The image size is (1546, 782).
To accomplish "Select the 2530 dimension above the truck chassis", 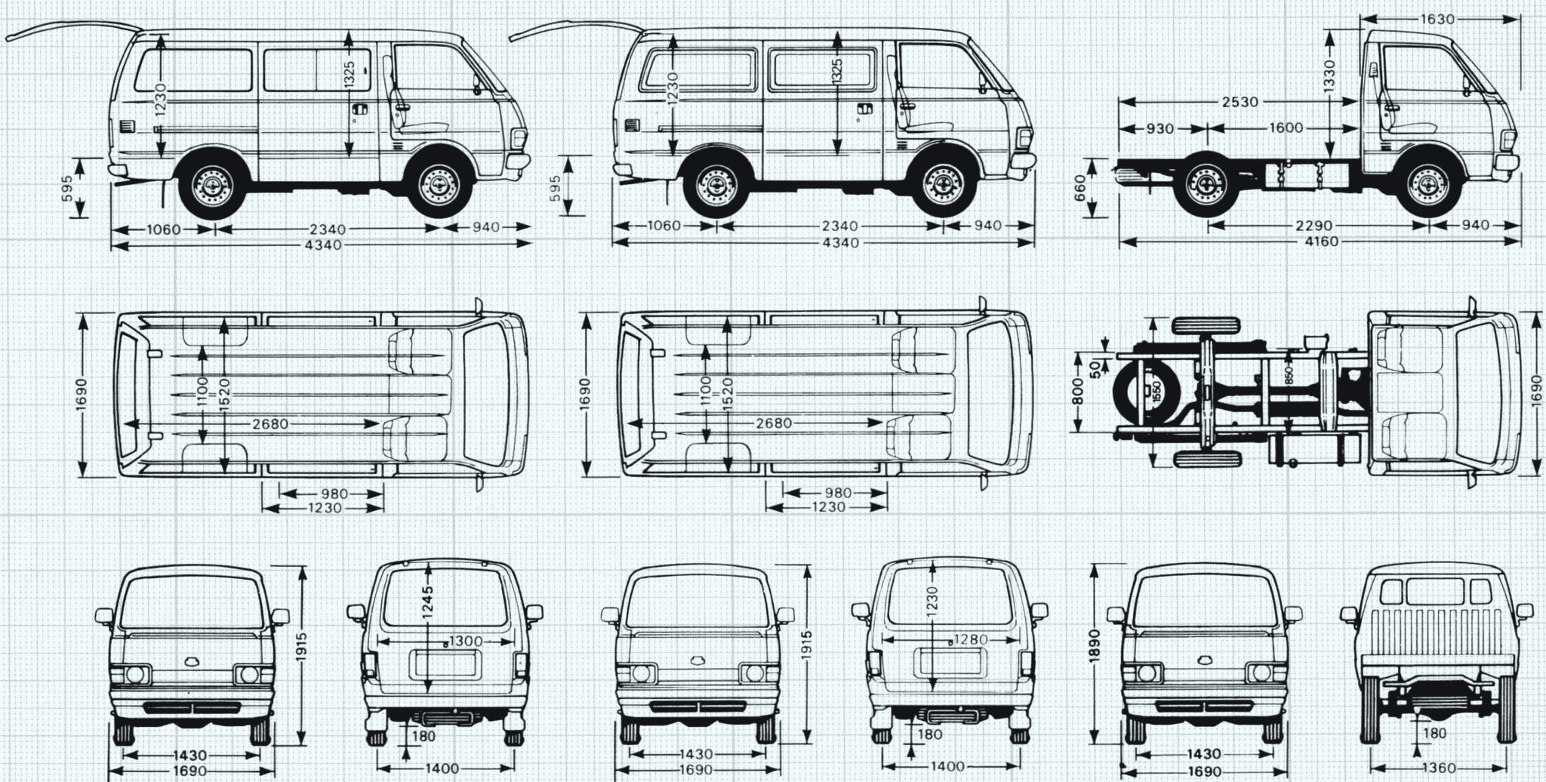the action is pyautogui.click(x=1240, y=101).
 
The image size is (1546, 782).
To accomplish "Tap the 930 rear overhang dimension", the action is pyautogui.click(x=1159, y=128).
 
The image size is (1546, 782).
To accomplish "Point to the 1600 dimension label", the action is pyautogui.click(x=1286, y=128).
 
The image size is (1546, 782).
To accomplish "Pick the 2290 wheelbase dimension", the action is pyautogui.click(x=1314, y=225).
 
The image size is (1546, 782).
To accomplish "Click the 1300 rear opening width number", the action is pyautogui.click(x=465, y=642).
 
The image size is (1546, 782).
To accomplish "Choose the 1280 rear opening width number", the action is pyautogui.click(x=970, y=640).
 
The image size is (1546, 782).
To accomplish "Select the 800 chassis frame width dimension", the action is pyautogui.click(x=1078, y=392).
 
